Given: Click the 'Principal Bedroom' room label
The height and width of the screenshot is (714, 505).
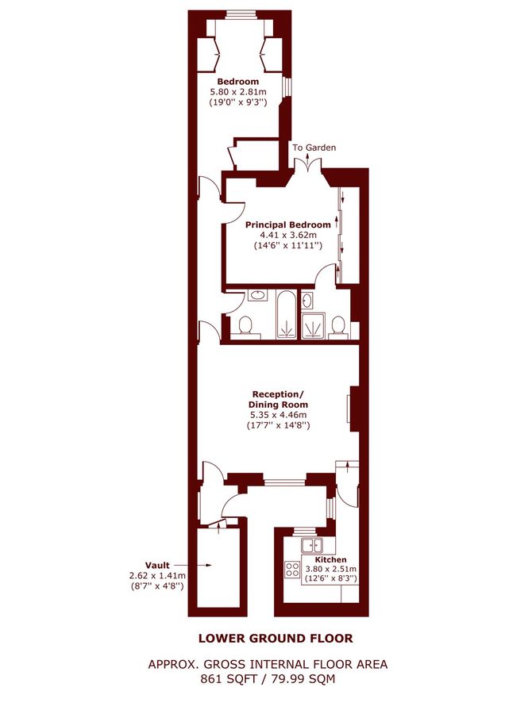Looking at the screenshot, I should [283, 225].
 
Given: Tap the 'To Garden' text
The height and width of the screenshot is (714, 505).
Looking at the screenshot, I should [314, 148].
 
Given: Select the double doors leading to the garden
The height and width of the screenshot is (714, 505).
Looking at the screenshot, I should [306, 165].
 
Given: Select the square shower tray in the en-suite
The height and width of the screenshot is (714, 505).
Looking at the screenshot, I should [314, 326].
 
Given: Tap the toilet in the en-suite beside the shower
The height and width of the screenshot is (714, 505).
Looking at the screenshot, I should [338, 325].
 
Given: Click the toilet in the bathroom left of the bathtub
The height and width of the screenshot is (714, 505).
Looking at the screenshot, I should [246, 326].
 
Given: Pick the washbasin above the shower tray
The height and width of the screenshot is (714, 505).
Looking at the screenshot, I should [307, 301].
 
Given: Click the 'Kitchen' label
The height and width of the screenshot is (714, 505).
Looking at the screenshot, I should [338, 559].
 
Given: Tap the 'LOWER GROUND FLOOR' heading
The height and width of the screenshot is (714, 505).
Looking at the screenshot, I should [276, 638].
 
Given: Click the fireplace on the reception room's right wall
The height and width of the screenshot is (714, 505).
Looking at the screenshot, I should [350, 409].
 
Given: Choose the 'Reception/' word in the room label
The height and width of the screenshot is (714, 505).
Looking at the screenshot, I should [277, 394].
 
